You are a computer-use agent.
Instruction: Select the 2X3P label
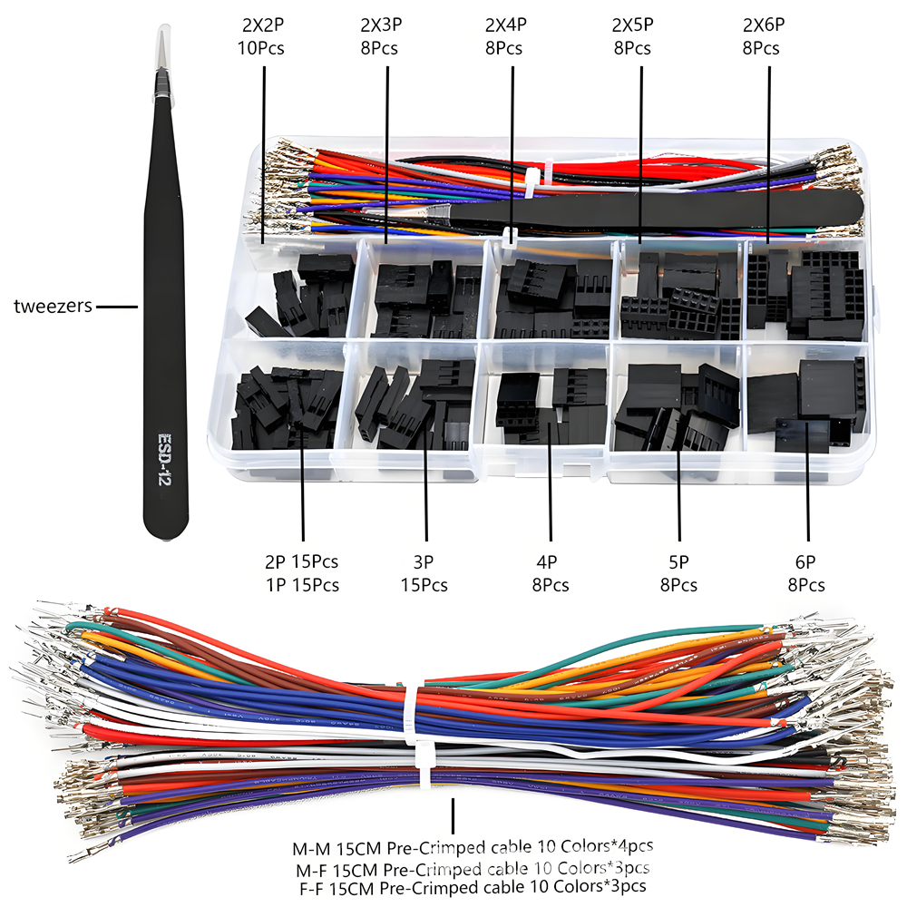click(x=382, y=24)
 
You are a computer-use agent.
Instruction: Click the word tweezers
click(x=54, y=306)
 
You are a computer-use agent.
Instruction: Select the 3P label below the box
click(x=424, y=561)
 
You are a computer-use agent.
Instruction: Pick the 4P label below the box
click(x=551, y=561)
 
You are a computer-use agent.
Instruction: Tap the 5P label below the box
click(x=678, y=561)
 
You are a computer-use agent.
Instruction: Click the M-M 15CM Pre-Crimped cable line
click(x=472, y=849)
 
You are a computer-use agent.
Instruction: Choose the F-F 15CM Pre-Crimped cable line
click(x=472, y=886)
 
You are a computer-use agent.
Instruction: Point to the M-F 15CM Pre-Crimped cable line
click(x=472, y=868)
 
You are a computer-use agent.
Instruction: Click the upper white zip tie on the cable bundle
click(x=418, y=694)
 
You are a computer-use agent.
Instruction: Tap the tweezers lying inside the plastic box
click(x=653, y=212)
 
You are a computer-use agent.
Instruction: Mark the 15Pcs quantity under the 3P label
click(x=424, y=585)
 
